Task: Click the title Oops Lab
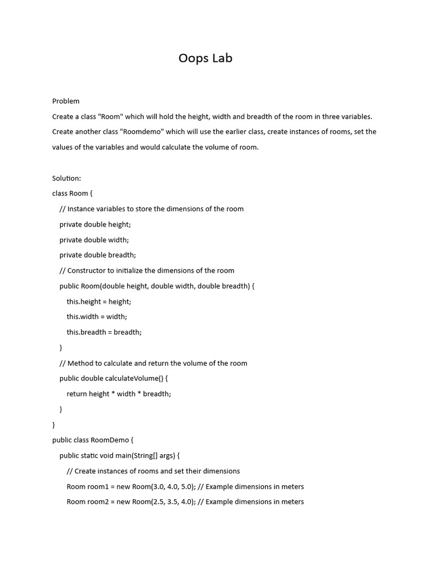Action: [205, 58]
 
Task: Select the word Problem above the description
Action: [66, 101]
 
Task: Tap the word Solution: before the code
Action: [66, 179]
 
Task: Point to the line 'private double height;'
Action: [95, 224]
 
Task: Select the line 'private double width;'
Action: [94, 240]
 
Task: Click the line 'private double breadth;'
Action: [97, 255]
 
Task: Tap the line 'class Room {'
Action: [72, 194]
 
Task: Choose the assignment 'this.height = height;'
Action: [98, 301]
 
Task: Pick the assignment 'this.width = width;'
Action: [97, 317]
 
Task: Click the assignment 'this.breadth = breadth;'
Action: [104, 332]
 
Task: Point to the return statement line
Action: [119, 394]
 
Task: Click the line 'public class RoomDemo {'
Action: [92, 440]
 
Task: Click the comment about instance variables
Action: [151, 209]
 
